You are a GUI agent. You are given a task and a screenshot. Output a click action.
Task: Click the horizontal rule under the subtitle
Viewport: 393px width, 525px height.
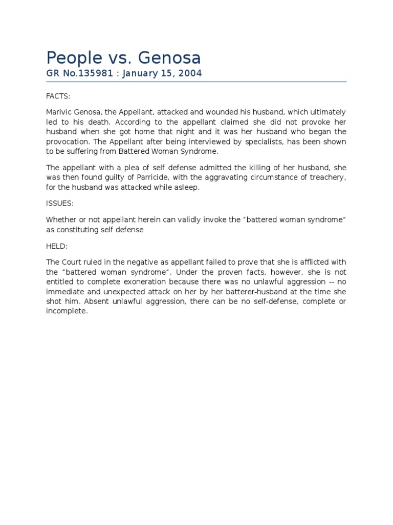[x=196, y=82]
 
